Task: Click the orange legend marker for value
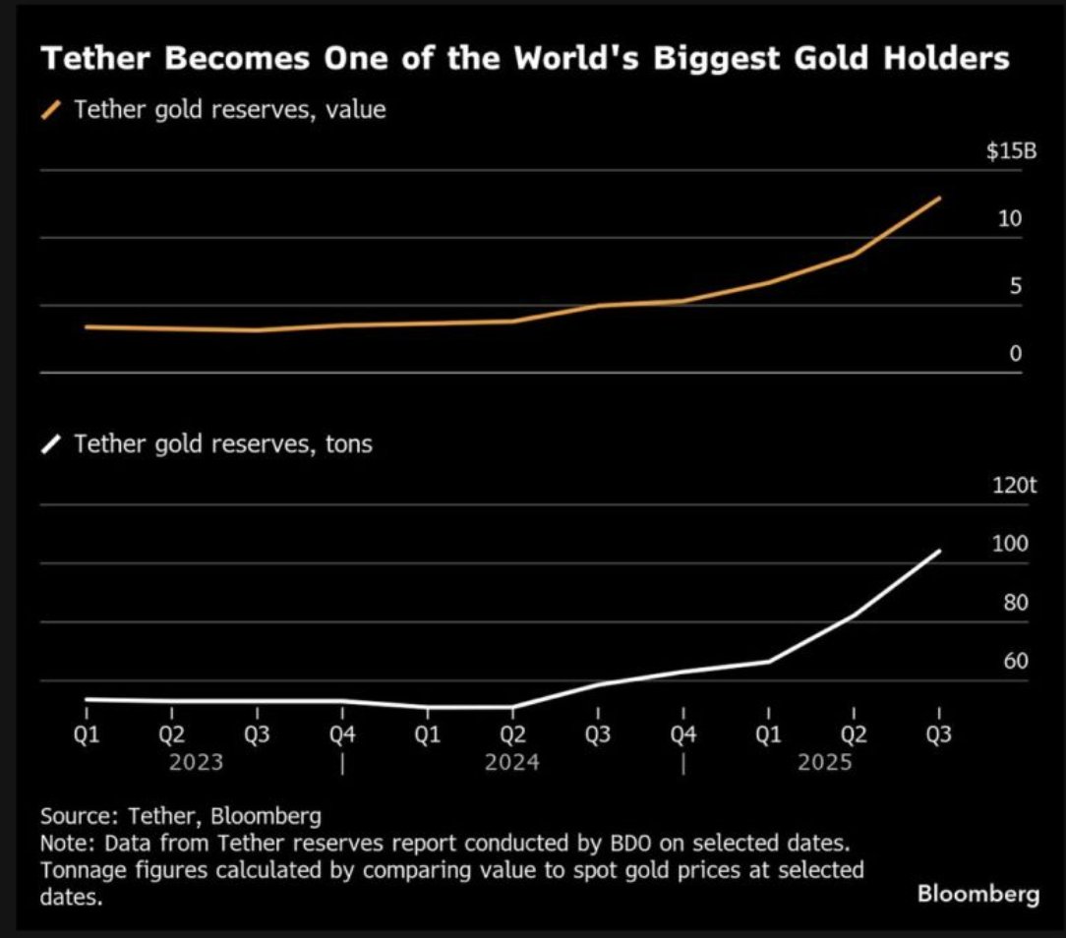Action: point(54,110)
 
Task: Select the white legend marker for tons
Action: point(54,444)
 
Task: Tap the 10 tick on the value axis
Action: point(1010,218)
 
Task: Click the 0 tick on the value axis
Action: point(1016,353)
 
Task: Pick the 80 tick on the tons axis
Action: point(1015,602)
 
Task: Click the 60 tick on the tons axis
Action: point(1015,661)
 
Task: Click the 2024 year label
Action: point(511,762)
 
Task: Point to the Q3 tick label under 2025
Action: point(938,734)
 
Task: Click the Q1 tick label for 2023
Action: point(87,734)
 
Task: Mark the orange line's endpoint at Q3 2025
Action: point(940,198)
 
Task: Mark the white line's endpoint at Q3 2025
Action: point(940,551)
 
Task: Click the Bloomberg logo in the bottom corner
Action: point(977,894)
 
